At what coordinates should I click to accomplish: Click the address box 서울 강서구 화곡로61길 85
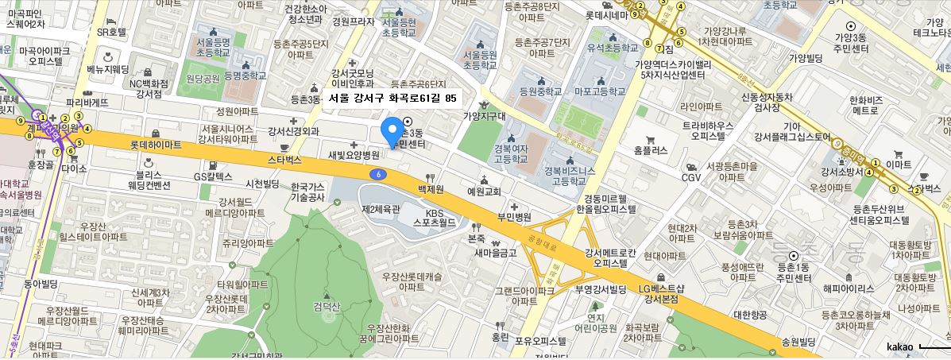[392, 99]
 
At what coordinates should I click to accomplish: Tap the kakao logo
[899, 346]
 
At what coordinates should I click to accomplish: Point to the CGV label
[690, 176]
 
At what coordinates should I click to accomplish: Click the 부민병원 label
[513, 216]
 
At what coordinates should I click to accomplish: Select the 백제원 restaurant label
[429, 191]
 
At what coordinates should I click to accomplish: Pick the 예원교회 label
[483, 191]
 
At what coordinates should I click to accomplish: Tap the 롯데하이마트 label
[155, 145]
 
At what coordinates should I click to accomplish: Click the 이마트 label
[899, 165]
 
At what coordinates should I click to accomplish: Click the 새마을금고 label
[496, 252]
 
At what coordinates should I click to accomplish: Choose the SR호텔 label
[111, 33]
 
